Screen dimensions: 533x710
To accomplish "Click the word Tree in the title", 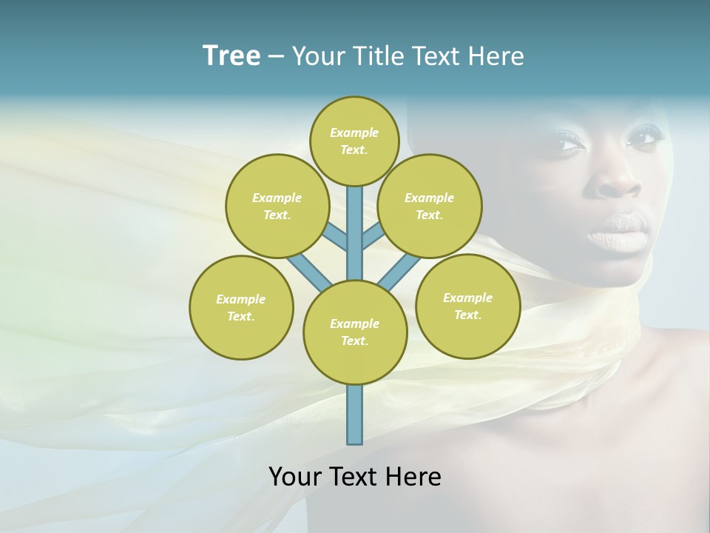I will coord(231,56).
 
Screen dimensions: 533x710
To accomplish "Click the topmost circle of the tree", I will coord(355,141).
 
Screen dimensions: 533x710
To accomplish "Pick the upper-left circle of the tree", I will coord(277,206).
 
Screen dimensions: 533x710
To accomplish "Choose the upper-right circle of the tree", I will coord(430,206).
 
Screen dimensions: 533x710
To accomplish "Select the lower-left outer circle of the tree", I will coord(241,307).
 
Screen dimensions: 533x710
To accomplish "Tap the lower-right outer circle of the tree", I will coord(468,306).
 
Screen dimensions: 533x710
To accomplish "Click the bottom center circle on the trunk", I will coord(355,332).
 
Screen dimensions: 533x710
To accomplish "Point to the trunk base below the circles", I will coord(355,415).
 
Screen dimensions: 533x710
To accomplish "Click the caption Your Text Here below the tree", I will coord(355,477).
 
